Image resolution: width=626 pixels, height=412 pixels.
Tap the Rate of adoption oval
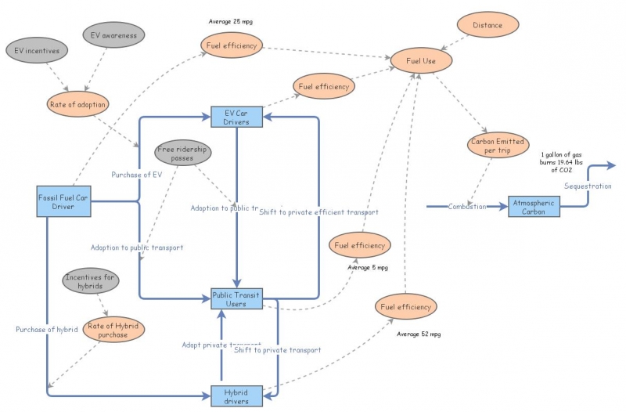pyautogui.click(x=77, y=104)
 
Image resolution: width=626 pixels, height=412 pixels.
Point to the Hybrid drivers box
pyautogui.click(x=236, y=396)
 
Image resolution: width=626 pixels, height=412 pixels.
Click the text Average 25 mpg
pyautogui.click(x=231, y=20)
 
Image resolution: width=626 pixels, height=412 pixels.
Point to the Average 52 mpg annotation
pyautogui.click(x=419, y=334)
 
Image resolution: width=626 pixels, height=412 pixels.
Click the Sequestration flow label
pyautogui.click(x=588, y=186)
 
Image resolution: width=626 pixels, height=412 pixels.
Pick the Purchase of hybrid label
pyautogui.click(x=46, y=330)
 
